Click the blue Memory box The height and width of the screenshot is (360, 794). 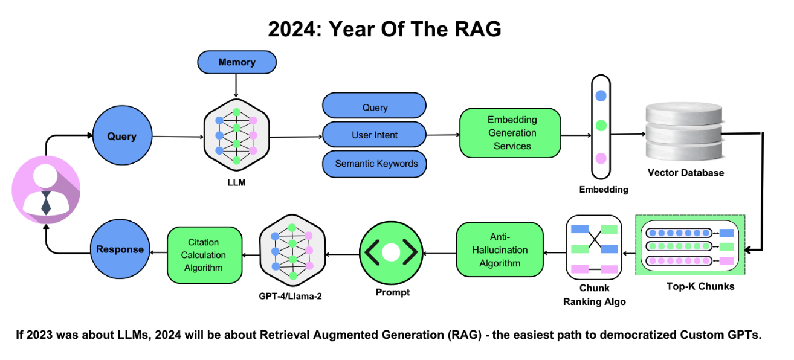(x=237, y=62)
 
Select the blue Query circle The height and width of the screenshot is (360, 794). (x=121, y=137)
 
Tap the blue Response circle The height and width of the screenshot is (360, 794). (x=120, y=249)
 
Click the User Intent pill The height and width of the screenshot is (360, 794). (x=375, y=135)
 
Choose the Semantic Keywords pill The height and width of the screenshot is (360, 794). (x=375, y=164)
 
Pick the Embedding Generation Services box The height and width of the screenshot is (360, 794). (x=510, y=133)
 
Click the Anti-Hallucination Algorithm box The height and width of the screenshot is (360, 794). (x=500, y=250)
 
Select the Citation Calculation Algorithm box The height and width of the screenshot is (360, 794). (x=204, y=255)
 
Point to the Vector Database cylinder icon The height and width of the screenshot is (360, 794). (x=685, y=132)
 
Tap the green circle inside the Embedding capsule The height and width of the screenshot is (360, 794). (x=601, y=126)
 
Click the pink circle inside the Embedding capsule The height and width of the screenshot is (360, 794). (x=601, y=158)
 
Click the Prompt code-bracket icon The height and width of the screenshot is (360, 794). (x=391, y=253)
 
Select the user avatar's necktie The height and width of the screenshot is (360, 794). (x=46, y=205)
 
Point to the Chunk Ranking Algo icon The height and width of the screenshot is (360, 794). (x=594, y=248)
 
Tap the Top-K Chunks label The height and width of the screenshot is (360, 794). (x=700, y=286)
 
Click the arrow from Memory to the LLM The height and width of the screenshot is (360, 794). (x=237, y=86)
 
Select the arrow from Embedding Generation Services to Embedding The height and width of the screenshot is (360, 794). (x=575, y=134)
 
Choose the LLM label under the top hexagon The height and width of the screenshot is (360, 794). (x=237, y=182)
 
